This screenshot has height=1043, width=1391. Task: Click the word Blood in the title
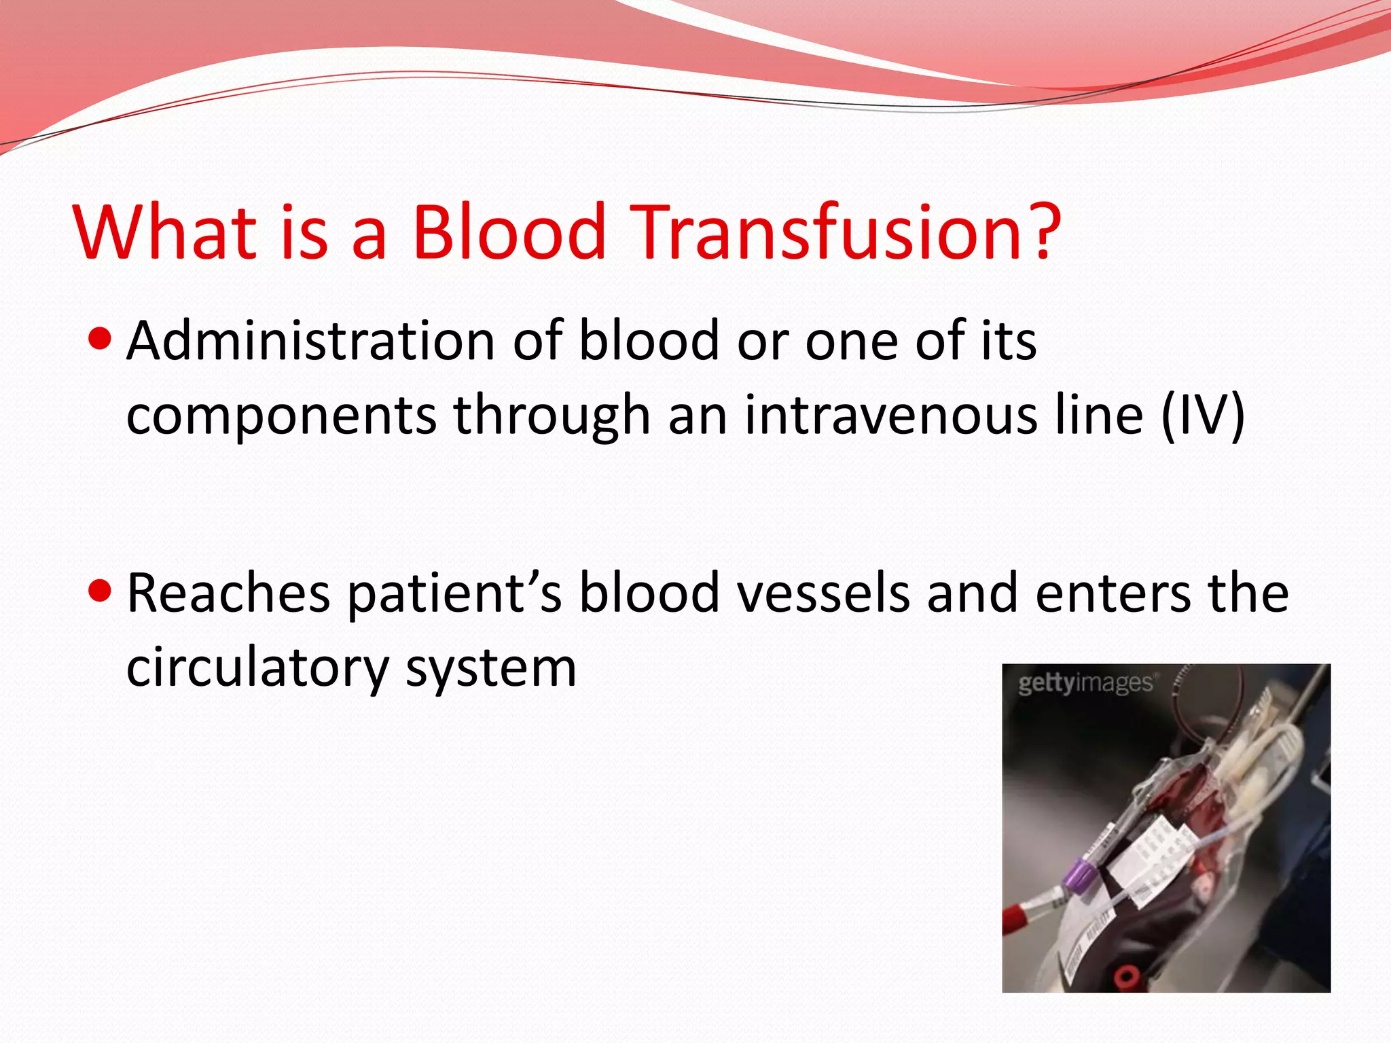point(509,232)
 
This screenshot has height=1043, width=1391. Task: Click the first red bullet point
point(100,337)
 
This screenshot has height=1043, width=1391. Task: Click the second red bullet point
point(100,590)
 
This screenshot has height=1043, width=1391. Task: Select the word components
point(281,416)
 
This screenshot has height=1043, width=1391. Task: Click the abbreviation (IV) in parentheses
point(1202,415)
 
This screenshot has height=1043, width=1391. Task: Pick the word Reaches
point(228,593)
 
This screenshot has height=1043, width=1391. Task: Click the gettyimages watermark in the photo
point(1085,683)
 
